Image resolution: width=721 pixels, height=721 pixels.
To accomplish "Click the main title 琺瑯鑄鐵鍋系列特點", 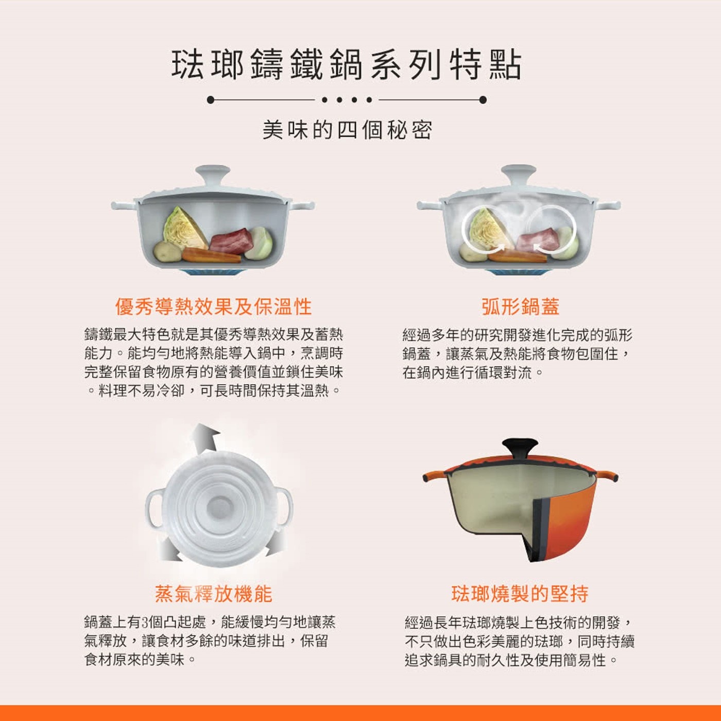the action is [x=347, y=66].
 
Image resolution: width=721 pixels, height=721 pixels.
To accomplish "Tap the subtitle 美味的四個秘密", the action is [x=347, y=131].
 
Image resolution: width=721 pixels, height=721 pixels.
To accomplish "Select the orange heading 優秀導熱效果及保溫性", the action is [x=213, y=307].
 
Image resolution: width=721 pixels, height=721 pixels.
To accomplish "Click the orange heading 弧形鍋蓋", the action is [x=521, y=307].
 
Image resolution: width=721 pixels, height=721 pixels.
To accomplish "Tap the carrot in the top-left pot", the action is [x=211, y=255].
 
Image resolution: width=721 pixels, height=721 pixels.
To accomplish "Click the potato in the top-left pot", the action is [x=167, y=251].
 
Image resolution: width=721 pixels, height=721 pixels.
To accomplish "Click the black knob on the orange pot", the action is [x=520, y=448].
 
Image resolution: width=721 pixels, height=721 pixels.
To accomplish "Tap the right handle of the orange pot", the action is [x=607, y=476].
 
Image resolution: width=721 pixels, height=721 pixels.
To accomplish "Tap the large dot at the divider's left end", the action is [x=211, y=100].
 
